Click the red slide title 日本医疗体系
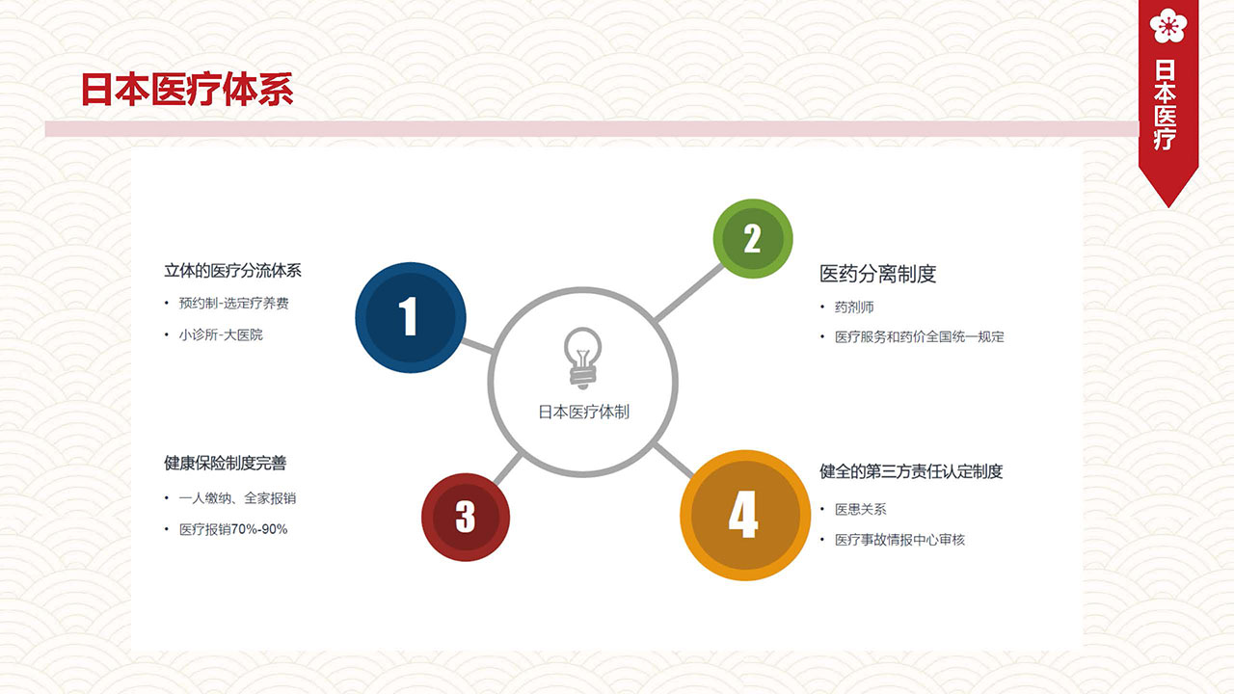[187, 90]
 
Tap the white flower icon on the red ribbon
[1167, 25]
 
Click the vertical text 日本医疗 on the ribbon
[1166, 105]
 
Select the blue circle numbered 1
[411, 317]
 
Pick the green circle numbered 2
[753, 238]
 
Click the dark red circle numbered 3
[466, 518]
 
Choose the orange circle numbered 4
[745, 515]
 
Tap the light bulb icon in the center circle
[583, 358]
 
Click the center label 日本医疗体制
[583, 412]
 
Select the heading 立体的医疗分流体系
[232, 271]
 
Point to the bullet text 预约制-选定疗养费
[233, 303]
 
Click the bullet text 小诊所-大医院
[221, 334]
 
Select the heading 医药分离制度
[877, 274]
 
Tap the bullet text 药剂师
[854, 307]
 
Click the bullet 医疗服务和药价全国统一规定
[920, 336]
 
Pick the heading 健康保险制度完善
[226, 464]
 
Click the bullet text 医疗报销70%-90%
[233, 529]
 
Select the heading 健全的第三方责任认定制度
[911, 471]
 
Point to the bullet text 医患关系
[861, 510]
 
